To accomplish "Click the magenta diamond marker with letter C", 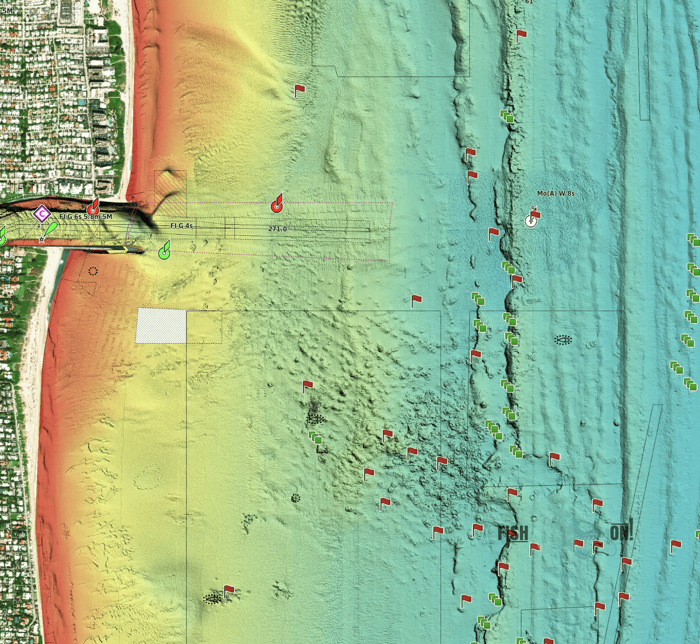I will coord(42,213).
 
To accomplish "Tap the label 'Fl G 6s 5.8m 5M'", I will coord(86,216).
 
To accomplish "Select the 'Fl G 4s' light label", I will coord(182,226).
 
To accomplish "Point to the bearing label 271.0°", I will coord(279,229).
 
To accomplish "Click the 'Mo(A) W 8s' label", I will coord(556,193).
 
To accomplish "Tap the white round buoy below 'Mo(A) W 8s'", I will coord(531,221).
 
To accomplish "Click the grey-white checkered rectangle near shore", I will coord(161,326).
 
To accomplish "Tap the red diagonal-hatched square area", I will coord(170,193).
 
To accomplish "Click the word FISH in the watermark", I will coord(513,533).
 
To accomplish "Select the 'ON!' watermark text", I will coord(621,532).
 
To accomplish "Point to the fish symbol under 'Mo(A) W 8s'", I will coord(563,340).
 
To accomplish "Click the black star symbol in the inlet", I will coord(42,239).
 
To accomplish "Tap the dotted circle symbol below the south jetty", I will coord(93,271).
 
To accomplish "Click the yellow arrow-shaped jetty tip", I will coord(126,249).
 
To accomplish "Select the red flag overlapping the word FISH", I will coord(513,535).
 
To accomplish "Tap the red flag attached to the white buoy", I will coord(536,214).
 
